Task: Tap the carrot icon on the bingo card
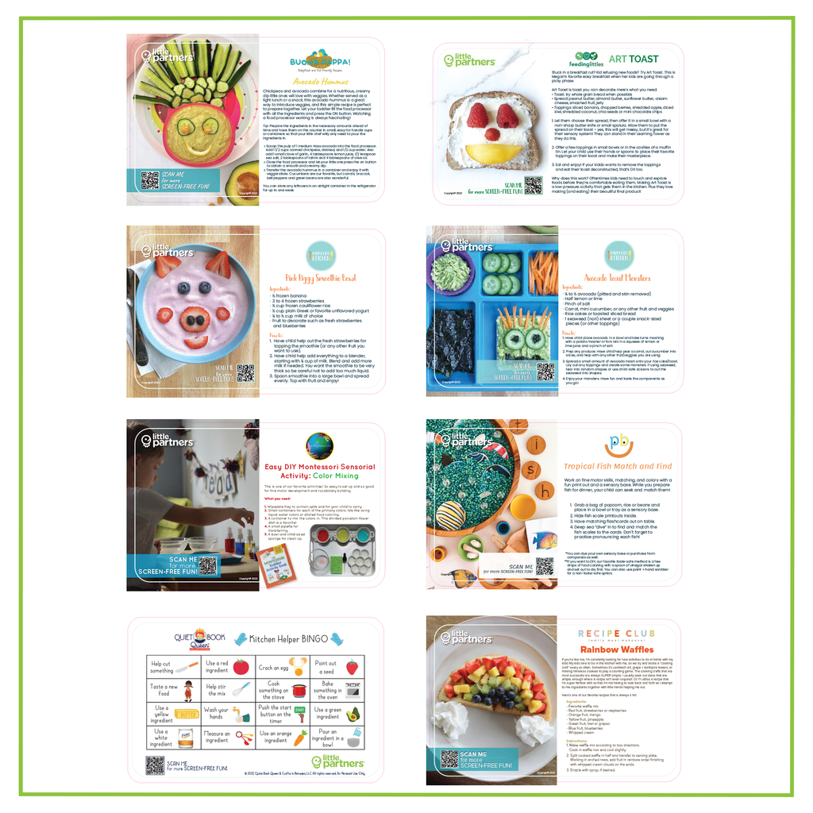299,739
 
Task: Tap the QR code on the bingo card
156,765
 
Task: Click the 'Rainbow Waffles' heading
616,649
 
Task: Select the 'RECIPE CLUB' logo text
616,634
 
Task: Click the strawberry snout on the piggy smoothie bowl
195,321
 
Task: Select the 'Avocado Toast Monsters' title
618,278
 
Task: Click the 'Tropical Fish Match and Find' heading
617,466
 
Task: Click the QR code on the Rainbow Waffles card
450,758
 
